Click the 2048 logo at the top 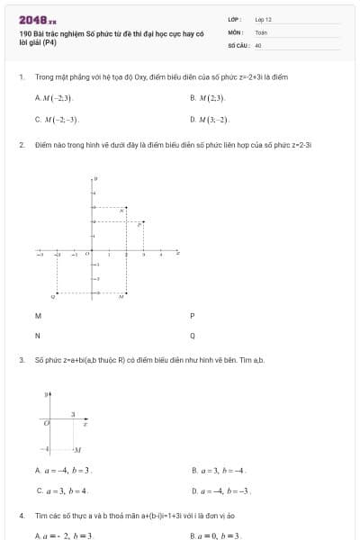click(38, 20)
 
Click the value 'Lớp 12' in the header click(263, 19)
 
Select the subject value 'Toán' click(261, 31)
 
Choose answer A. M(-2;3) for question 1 click(55, 97)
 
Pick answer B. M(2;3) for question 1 click(208, 97)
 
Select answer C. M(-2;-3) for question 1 click(57, 119)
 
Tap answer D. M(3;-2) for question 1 click(211, 119)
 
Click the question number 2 click(21, 144)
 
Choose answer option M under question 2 click(38, 316)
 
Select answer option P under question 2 click(193, 316)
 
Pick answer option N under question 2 click(38, 336)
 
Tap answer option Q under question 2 click(193, 336)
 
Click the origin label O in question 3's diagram click(45, 420)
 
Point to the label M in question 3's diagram click(78, 449)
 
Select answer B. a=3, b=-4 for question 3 click(220, 470)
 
